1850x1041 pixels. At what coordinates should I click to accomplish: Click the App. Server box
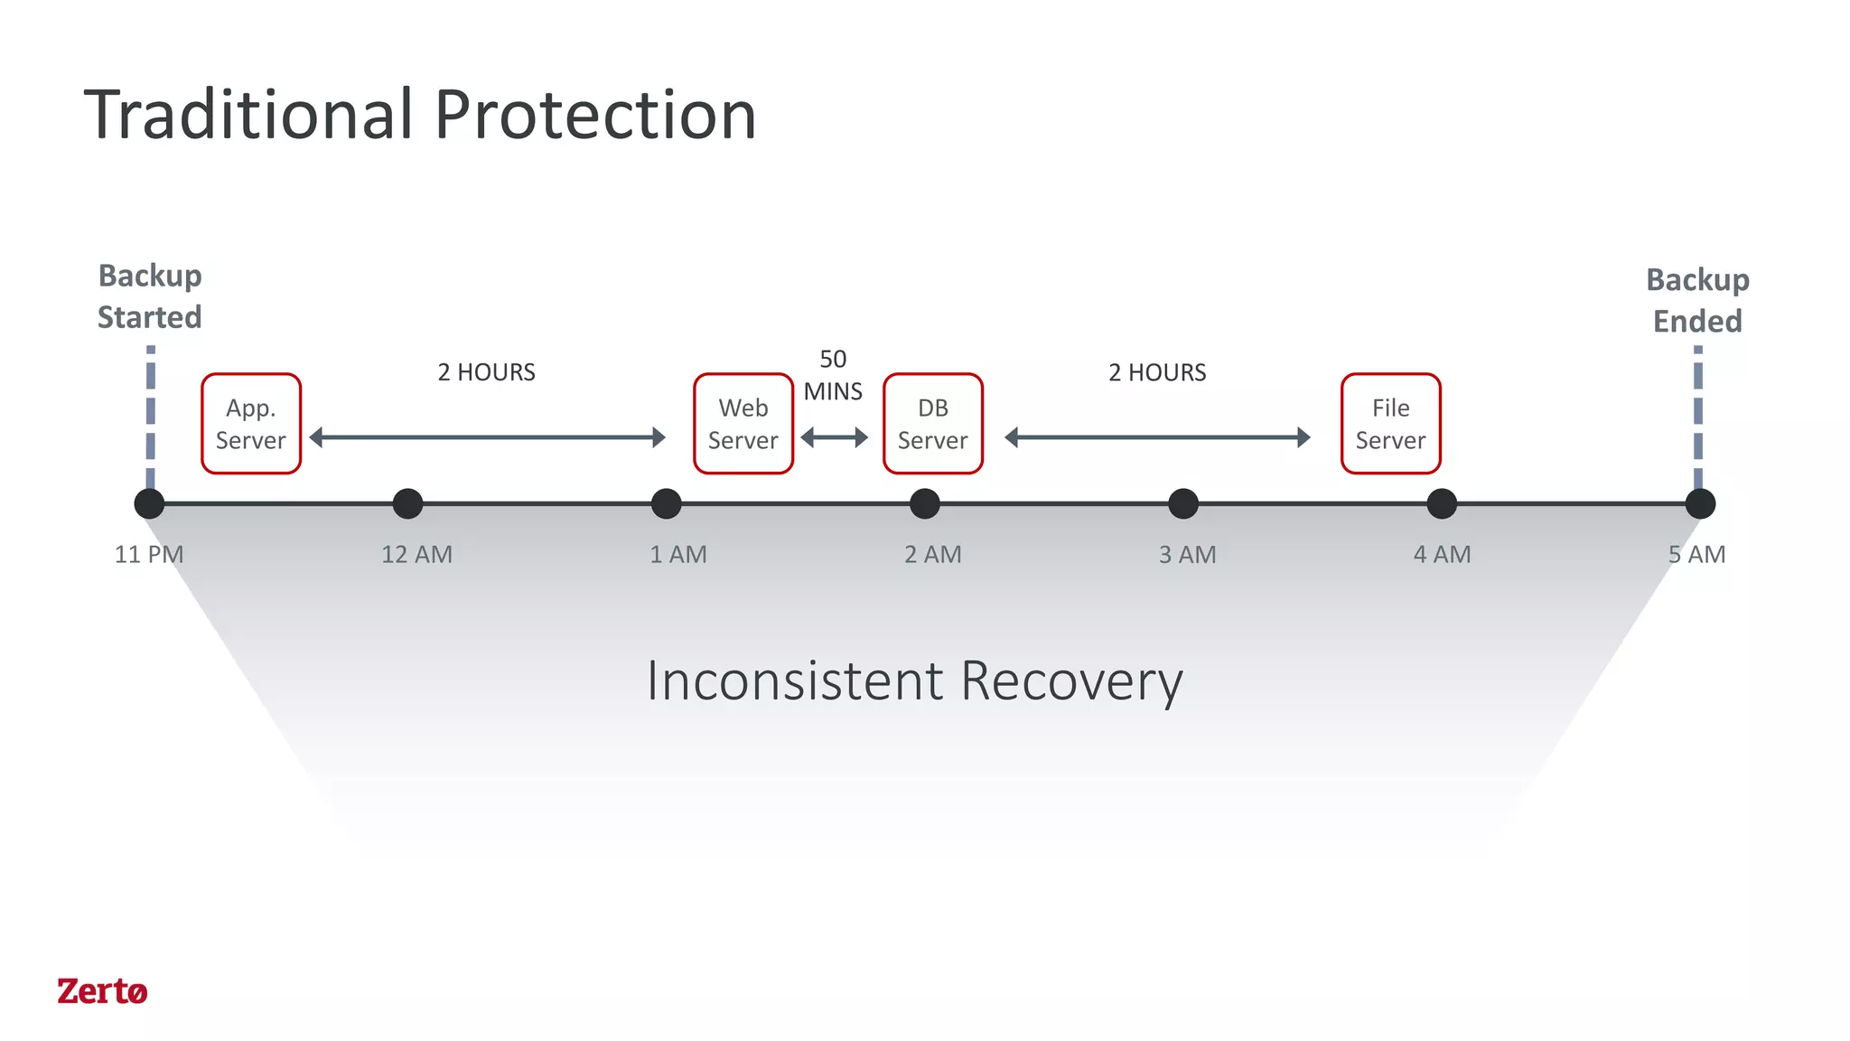[x=251, y=424]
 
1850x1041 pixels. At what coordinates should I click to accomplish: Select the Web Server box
[x=743, y=424]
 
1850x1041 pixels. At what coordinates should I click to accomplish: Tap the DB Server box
[x=932, y=424]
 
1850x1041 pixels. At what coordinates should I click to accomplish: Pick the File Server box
[x=1390, y=424]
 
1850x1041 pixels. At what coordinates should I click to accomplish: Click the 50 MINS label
[x=833, y=375]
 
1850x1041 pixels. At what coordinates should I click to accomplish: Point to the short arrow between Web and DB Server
[x=834, y=438]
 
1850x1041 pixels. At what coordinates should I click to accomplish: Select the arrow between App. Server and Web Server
[x=487, y=438]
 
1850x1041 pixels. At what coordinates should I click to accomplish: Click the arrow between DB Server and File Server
[x=1157, y=438]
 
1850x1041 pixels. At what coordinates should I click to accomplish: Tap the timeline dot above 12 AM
[x=408, y=503]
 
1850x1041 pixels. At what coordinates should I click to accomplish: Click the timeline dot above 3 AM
[x=1183, y=503]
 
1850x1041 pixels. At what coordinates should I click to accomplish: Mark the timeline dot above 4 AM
[x=1442, y=503]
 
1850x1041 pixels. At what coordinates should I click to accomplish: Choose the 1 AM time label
[x=678, y=554]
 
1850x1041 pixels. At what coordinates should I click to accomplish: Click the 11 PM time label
[x=149, y=554]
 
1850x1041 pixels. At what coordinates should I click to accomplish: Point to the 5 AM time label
[x=1696, y=554]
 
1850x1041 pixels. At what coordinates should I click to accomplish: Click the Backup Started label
[x=150, y=296]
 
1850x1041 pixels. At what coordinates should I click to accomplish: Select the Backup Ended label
[x=1697, y=300]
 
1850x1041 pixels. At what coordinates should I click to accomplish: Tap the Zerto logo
[x=102, y=991]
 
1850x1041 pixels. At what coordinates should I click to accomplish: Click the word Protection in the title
[x=595, y=116]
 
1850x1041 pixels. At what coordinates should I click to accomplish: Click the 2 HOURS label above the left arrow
[x=487, y=372]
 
